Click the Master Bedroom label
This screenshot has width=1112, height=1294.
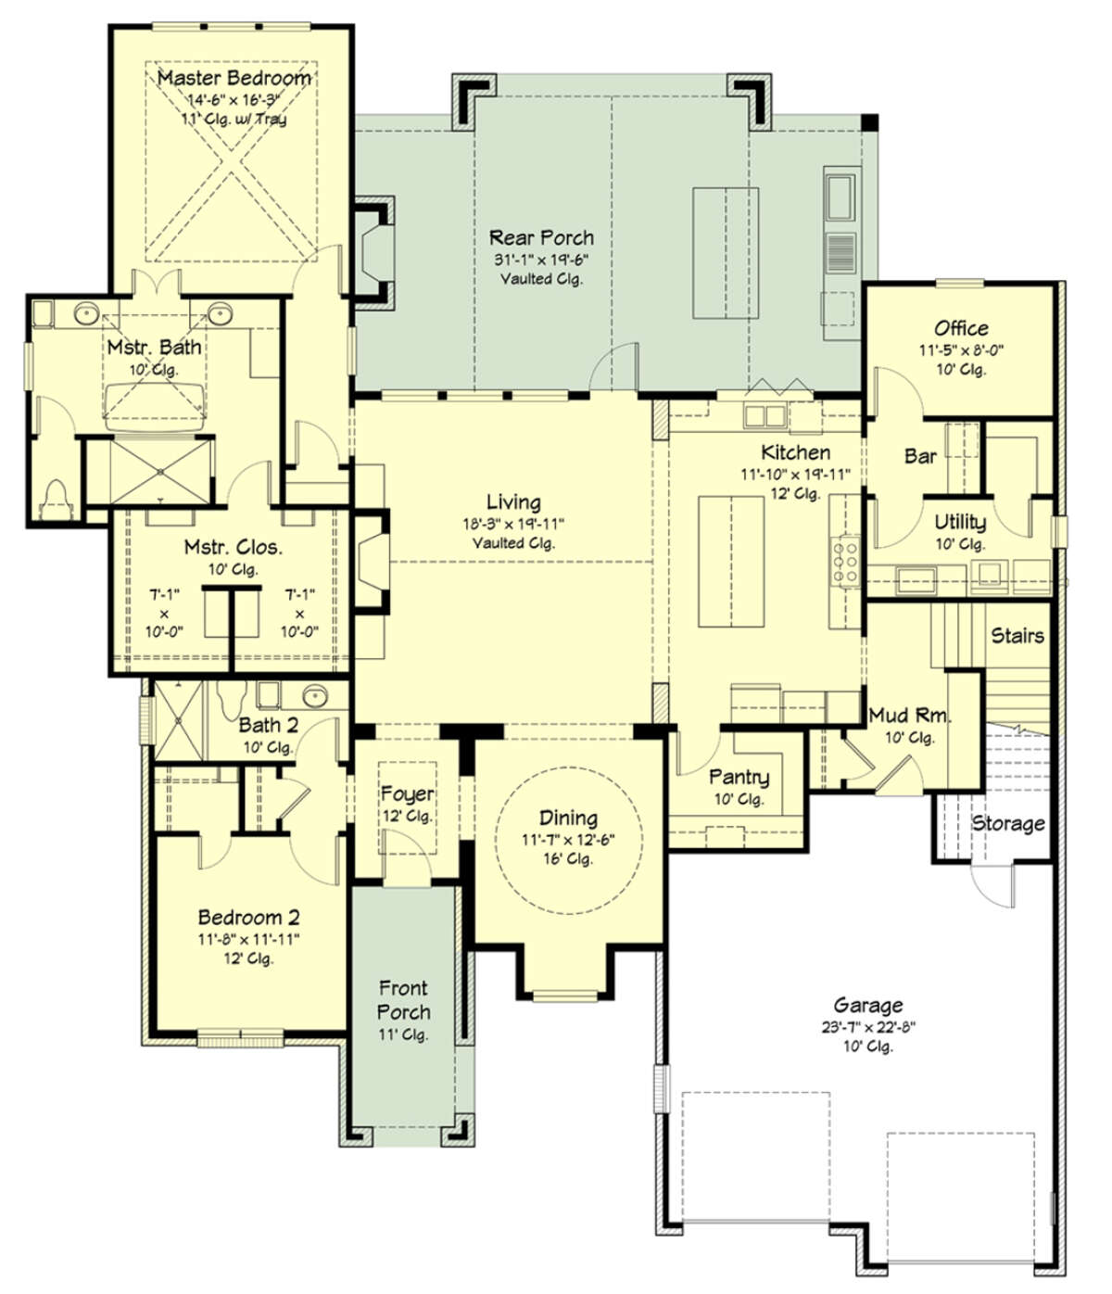click(234, 78)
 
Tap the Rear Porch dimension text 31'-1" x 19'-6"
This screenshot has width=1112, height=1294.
click(541, 259)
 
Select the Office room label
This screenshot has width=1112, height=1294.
click(961, 328)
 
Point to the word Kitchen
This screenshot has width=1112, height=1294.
click(795, 452)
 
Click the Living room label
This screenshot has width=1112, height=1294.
click(513, 502)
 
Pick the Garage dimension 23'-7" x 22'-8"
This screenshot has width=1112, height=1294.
click(868, 1026)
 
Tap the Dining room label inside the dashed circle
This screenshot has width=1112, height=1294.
click(568, 818)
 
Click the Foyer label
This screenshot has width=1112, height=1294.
click(408, 793)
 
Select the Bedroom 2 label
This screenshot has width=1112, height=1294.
click(248, 918)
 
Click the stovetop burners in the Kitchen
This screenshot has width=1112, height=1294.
click(845, 562)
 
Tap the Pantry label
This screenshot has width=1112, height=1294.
click(739, 778)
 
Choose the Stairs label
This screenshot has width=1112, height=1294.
click(1017, 636)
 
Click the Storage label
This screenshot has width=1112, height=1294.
click(1007, 824)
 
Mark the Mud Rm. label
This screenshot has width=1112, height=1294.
click(909, 715)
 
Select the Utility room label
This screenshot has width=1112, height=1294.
click(960, 522)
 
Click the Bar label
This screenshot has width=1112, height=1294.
click(920, 456)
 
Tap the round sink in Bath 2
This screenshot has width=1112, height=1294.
click(315, 695)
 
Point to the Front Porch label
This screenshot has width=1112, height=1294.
click(404, 1000)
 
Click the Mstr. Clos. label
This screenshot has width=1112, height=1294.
click(233, 547)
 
